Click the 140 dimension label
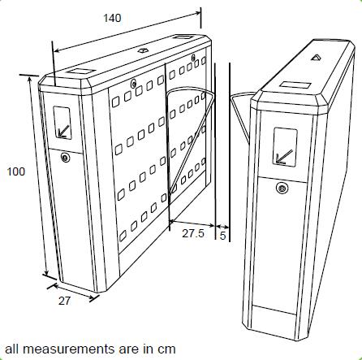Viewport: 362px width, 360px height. (112, 18)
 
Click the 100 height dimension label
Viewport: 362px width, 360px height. (15, 171)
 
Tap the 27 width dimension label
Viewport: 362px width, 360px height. (64, 301)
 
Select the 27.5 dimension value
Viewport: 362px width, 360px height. (193, 233)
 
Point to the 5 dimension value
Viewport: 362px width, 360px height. (222, 236)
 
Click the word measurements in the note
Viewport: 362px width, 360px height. (70, 349)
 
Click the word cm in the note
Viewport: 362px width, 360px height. (166, 349)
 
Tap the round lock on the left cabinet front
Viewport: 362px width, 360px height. (65, 158)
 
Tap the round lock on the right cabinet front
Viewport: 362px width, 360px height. (282, 188)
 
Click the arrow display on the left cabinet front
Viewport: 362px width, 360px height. (62, 123)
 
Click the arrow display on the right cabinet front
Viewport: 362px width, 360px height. (285, 146)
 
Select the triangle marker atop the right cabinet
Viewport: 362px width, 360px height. (316, 57)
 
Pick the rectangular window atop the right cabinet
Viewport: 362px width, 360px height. (295, 85)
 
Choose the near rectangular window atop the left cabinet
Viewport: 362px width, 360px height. (80, 72)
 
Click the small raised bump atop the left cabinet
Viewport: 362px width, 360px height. (142, 50)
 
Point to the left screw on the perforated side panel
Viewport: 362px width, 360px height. (133, 84)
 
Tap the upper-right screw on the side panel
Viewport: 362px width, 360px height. (193, 58)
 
